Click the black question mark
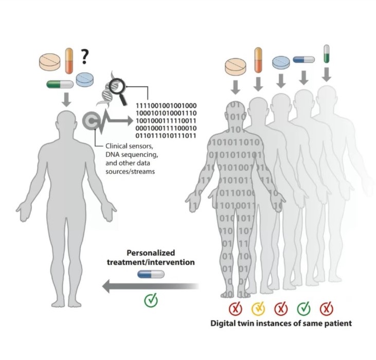84,56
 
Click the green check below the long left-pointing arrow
151,299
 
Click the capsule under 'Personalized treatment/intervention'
151,276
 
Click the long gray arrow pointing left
149,287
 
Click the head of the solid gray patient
66,125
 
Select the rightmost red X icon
326,309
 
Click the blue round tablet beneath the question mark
85,79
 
